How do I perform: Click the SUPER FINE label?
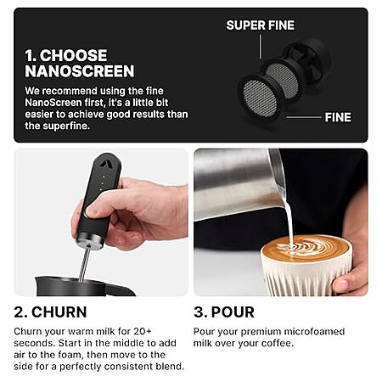[261, 25]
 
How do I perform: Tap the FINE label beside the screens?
[338, 117]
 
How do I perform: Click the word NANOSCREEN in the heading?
[80, 71]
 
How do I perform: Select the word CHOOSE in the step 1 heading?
[73, 55]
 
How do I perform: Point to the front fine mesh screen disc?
[260, 98]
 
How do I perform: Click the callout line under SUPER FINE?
[261, 47]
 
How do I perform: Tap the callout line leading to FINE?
[304, 117]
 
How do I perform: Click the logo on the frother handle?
[104, 164]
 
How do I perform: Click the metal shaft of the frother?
[85, 264]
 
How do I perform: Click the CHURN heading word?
[59, 312]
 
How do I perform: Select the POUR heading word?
[233, 312]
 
